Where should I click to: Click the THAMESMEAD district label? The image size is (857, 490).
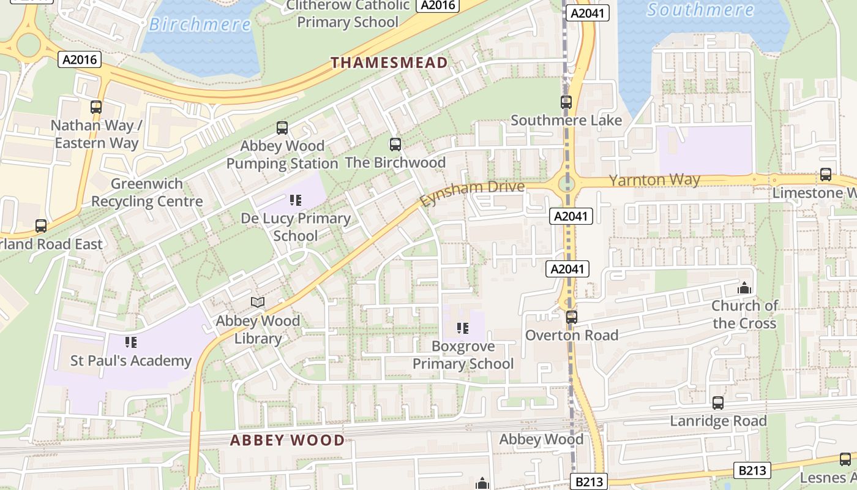click(389, 62)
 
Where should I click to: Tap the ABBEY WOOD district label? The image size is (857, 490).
click(287, 440)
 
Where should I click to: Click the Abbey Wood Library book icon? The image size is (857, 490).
click(258, 303)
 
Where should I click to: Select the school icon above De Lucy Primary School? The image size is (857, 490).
click(296, 200)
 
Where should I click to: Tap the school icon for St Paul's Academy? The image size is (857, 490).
click(130, 342)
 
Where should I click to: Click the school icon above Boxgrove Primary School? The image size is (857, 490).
click(463, 328)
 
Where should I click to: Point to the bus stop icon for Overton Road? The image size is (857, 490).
click(571, 317)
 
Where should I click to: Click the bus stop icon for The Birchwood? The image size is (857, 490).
click(395, 145)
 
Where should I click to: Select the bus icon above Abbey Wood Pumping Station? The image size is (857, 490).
click(282, 128)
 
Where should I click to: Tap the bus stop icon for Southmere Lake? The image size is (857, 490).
click(566, 102)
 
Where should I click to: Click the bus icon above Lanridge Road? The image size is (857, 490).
click(718, 403)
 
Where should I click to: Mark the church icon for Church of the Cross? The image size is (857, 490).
click(744, 287)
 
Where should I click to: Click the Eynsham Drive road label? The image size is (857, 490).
click(472, 193)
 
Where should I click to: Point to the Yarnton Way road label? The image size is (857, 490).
click(654, 180)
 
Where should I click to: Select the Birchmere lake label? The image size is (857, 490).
click(200, 24)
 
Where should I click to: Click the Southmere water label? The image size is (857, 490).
click(700, 10)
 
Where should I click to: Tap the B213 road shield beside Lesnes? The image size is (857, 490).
click(752, 470)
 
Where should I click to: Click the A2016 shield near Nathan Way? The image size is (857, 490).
click(80, 59)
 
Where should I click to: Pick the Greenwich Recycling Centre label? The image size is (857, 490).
click(147, 192)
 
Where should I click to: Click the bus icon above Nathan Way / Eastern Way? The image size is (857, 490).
click(96, 107)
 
